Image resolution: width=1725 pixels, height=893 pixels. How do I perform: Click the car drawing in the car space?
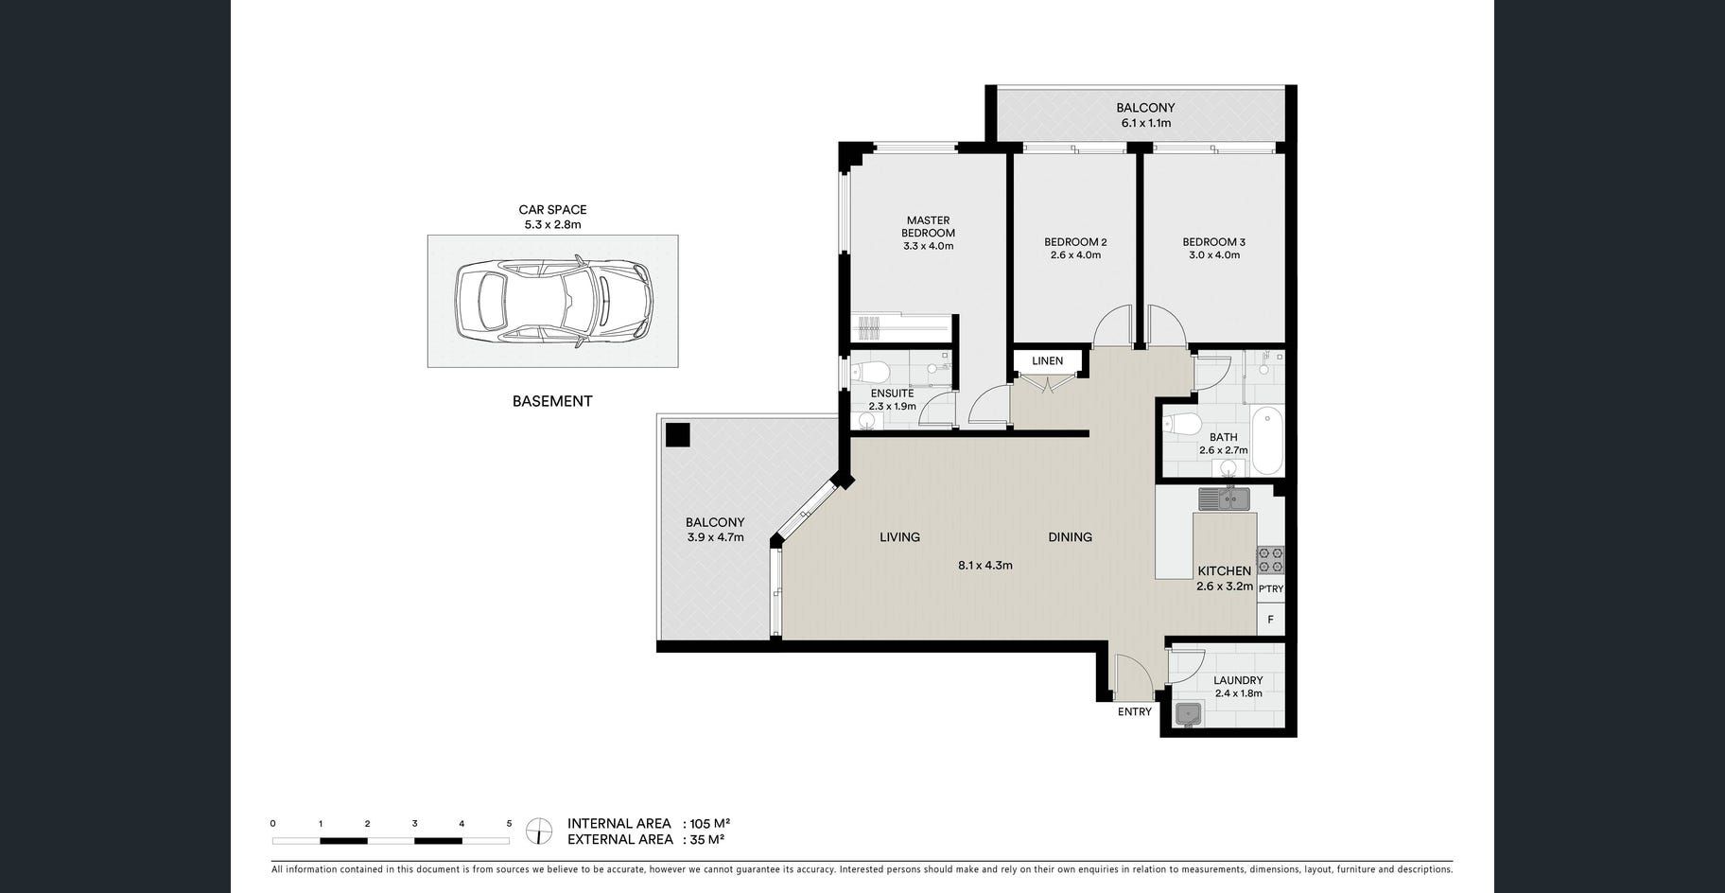pos(553,301)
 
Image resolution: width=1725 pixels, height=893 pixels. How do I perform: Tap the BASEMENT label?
pos(552,401)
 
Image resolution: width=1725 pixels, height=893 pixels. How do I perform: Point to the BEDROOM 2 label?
pos(1075,242)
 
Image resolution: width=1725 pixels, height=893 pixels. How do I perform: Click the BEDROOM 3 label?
pos(1213,242)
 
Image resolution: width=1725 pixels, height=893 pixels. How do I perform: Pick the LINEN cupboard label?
pos(1047,360)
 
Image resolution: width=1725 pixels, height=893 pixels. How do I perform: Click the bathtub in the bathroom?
pos(1267,441)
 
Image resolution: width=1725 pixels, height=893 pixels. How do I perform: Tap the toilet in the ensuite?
pos(868,369)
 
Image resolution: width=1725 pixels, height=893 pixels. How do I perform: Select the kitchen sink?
pos(1225,498)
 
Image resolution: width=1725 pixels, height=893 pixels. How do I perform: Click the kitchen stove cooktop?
pos(1270,560)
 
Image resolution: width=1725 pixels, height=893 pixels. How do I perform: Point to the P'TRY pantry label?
pos(1271,588)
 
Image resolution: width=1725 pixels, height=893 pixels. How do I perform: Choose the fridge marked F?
pos(1270,620)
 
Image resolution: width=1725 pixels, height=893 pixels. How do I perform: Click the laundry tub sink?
pos(1187,714)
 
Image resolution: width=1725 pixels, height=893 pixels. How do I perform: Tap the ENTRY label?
pos(1134,711)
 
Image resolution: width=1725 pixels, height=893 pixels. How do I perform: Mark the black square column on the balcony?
pos(677,435)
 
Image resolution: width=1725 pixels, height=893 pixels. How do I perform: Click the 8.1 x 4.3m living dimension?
pos(984,566)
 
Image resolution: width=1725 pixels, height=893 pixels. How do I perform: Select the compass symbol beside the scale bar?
pos(539,832)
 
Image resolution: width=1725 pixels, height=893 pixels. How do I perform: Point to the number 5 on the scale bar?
pos(509,824)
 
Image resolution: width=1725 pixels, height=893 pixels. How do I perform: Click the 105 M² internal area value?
pos(710,823)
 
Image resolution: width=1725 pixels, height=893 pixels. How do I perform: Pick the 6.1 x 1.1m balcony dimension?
pos(1145,123)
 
